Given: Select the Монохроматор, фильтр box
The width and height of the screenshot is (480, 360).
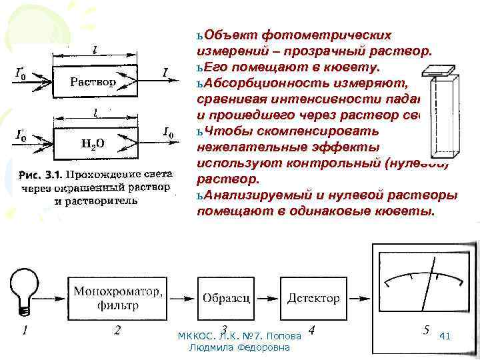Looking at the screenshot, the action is (x=117, y=298).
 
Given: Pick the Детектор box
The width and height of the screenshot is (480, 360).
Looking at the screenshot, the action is (x=314, y=298).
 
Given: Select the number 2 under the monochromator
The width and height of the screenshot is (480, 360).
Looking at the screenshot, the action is (x=117, y=331).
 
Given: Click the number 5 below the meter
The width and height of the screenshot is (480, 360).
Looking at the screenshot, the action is (x=426, y=330).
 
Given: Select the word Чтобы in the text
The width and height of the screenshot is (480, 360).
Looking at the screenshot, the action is (x=225, y=131).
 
